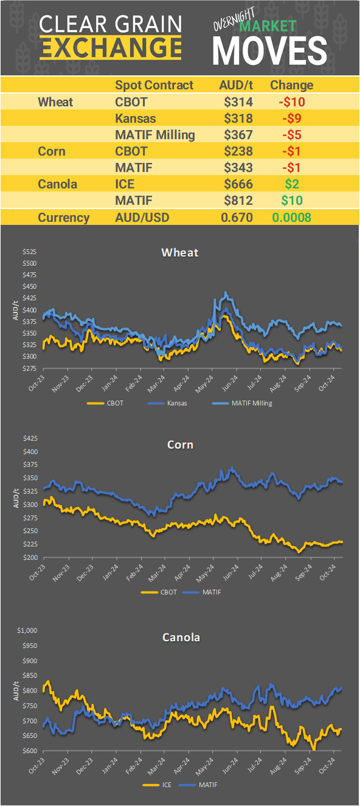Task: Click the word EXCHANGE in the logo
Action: pos(110,47)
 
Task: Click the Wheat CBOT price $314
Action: pos(238,102)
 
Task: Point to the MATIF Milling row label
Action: pos(155,135)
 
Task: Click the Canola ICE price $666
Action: pos(238,184)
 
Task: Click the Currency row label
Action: pos(64,218)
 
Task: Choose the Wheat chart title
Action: pos(180,252)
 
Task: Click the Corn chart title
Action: pos(180,444)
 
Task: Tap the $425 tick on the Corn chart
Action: pos(30,438)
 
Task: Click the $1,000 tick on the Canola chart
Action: pos(27,630)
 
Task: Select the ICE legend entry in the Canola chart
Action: pos(159,785)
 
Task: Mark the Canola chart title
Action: pos(181,638)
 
